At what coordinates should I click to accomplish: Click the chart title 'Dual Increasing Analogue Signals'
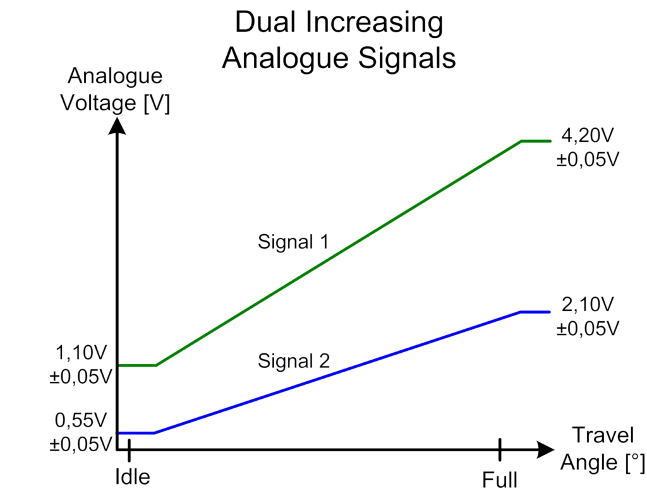[x=339, y=41]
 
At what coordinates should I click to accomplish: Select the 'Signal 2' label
[x=294, y=361]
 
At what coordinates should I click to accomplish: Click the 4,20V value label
[x=588, y=136]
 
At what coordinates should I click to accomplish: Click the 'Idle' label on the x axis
[x=133, y=477]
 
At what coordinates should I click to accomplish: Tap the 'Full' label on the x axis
[x=500, y=481]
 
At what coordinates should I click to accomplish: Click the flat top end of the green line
[x=536, y=141]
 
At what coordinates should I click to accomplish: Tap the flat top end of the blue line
[x=536, y=311]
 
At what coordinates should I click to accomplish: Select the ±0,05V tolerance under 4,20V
[x=588, y=159]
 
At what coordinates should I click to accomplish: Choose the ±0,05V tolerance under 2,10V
[x=588, y=329]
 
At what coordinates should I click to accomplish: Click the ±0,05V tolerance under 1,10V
[x=80, y=377]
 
